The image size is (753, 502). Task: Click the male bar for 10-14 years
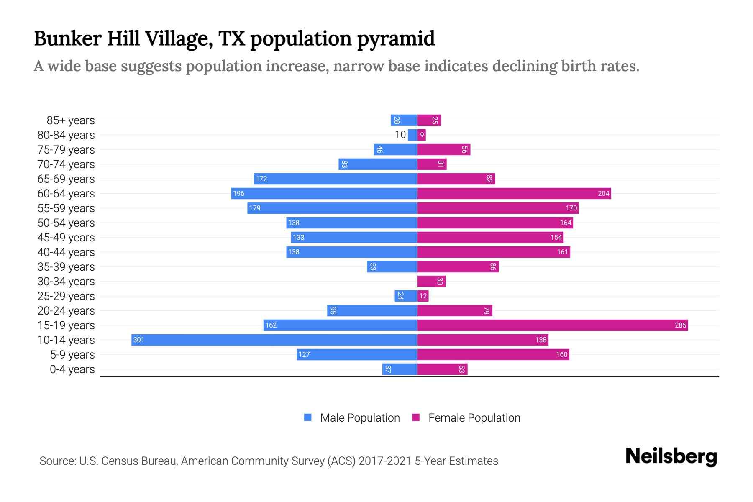tap(274, 340)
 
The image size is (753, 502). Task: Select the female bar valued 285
tap(552, 325)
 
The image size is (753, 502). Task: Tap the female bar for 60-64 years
tap(514, 193)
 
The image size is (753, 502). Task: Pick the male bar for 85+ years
tap(404, 120)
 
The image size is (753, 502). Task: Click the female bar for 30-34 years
tap(431, 281)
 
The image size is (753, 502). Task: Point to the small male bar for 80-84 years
tap(412, 135)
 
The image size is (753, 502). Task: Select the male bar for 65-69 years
tap(336, 179)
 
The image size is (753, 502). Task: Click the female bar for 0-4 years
tap(442, 369)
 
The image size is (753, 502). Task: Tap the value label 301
tap(138, 340)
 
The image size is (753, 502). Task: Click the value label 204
tap(603, 193)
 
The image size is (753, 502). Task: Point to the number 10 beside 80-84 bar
tap(400, 135)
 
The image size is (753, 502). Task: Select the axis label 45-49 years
tap(66, 237)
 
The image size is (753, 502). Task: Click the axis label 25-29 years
tap(66, 296)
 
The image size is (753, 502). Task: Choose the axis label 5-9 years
tap(72, 354)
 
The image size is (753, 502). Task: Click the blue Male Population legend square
tap(308, 417)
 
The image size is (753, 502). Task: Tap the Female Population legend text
tap(474, 417)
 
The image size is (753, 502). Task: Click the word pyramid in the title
tap(396, 39)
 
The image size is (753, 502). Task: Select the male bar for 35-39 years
tap(392, 266)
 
